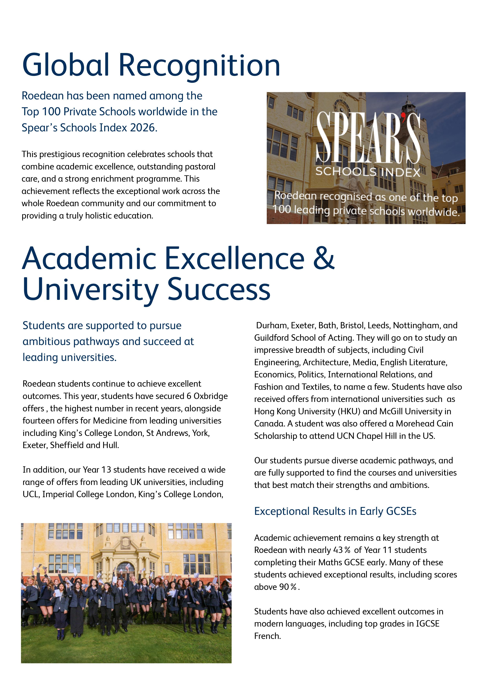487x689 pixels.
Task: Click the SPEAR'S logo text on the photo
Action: click(368, 138)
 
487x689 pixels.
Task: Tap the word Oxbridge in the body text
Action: click(211, 396)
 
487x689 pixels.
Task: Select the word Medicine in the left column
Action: click(110, 421)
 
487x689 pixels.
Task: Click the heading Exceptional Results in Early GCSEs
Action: click(335, 511)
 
